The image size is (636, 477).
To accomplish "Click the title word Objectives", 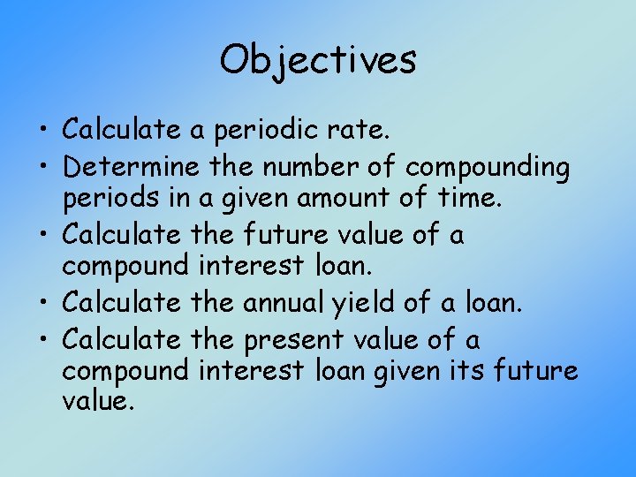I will click(318, 60).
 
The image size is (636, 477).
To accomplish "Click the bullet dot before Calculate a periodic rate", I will click(48, 132).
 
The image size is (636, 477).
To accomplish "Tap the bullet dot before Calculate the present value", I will click(48, 338).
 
